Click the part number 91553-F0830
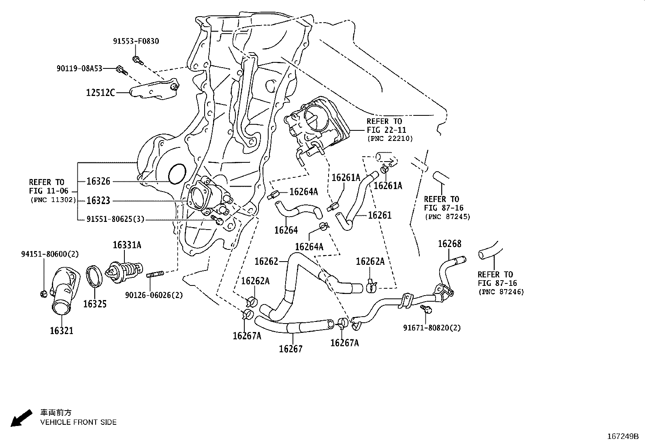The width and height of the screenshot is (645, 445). coord(136,41)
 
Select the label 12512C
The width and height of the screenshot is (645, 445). coord(100,93)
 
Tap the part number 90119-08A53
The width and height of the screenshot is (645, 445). coord(79,69)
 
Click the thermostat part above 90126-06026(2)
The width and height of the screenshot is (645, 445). coord(124,269)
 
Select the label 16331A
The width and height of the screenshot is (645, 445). coord(127,245)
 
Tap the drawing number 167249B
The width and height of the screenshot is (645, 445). coord(622,436)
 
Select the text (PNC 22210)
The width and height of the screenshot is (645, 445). coord(390,138)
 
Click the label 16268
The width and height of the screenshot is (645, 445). coord(449,244)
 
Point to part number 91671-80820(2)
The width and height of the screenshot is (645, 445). coord(432,328)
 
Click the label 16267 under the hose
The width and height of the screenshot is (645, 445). coord(290,349)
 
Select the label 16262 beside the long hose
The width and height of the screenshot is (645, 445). coord(266,261)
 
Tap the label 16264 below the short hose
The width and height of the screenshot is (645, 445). coord(286,230)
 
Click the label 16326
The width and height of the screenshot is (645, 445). coord(98,181)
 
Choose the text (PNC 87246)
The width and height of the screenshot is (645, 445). coord(501,292)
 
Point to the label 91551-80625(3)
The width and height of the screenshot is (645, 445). coord(115,219)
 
